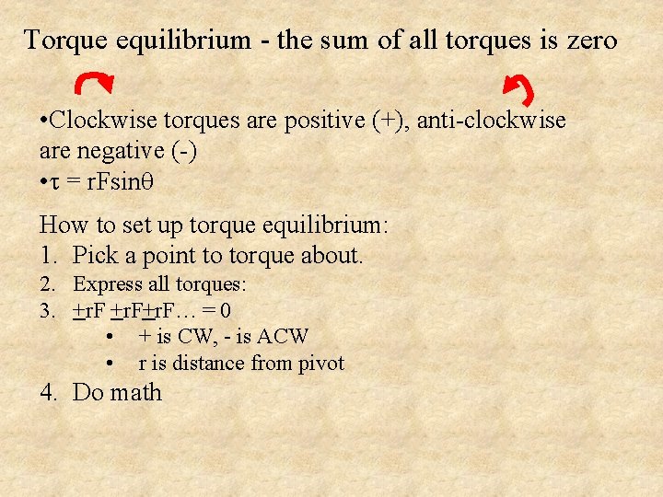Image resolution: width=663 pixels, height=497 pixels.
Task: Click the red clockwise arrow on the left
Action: [96, 84]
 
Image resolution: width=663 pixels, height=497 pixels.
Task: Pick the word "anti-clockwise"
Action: [493, 121]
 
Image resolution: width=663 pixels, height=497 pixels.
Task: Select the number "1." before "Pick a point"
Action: [49, 255]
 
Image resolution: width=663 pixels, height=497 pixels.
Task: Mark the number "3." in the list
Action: [49, 311]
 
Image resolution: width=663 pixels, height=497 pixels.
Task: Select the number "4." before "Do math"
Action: [50, 393]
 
